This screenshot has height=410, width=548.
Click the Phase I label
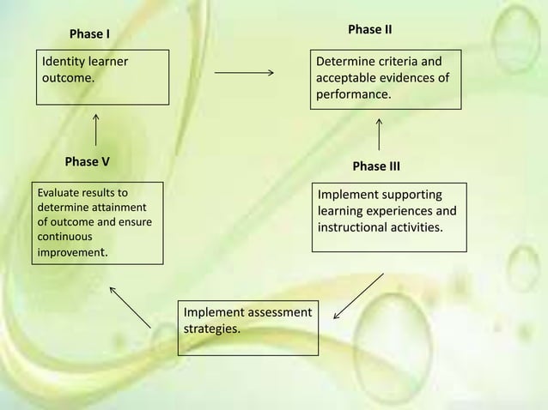89,34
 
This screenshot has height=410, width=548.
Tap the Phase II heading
370,30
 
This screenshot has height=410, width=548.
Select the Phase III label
376,166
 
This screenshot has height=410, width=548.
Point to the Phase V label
87,161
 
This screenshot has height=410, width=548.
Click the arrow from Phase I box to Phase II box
243,73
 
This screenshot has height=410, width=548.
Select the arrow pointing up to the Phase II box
379,134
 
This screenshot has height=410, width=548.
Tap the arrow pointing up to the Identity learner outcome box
95,130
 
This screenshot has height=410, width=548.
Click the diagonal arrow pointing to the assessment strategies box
357,296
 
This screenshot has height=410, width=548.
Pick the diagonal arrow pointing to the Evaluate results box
131,305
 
